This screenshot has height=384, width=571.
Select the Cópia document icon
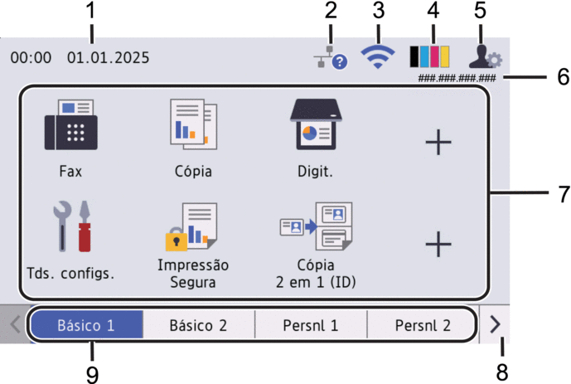tap(192, 124)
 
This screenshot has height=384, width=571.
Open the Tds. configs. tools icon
tap(72, 226)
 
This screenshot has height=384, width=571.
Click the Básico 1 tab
tap(86, 325)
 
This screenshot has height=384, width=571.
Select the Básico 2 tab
tap(198, 325)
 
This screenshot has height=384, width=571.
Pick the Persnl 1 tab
tap(311, 325)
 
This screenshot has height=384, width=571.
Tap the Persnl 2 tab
tap(423, 325)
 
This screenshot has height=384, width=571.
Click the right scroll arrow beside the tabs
tap(496, 324)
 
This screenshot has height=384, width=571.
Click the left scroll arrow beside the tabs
tap(14, 324)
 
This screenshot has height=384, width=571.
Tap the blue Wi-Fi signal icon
tap(378, 56)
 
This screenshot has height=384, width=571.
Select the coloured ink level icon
tap(430, 56)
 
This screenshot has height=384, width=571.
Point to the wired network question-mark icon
tap(329, 56)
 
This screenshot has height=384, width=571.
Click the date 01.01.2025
tap(109, 58)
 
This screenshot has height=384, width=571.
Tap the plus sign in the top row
tap(438, 143)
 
